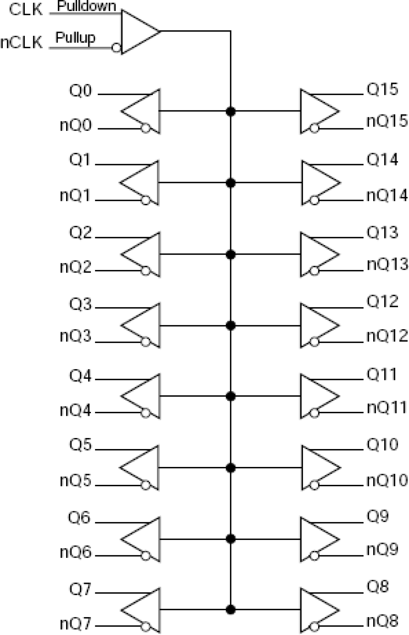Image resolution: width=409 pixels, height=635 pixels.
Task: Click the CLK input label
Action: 26,9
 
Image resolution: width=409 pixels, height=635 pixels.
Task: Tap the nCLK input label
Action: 21,42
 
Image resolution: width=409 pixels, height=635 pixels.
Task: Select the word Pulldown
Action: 86,6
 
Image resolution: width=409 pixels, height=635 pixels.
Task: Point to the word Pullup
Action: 75,38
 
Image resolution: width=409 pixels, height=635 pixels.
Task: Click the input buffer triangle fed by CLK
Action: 138,32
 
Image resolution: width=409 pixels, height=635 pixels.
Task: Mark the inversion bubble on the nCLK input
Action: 116,48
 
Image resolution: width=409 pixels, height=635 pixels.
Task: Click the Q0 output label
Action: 80,91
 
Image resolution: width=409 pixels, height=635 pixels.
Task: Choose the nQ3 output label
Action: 76,336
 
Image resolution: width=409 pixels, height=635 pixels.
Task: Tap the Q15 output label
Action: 382,89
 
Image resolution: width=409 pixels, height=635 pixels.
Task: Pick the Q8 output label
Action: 378,586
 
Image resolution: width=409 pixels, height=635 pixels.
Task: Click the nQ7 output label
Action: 76,624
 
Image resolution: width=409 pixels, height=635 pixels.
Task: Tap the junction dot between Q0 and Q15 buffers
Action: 231,111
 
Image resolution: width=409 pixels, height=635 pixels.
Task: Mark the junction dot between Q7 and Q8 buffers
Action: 231,609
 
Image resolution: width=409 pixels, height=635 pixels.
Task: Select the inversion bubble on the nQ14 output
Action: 314,200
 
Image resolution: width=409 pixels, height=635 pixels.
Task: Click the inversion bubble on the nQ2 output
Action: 146,271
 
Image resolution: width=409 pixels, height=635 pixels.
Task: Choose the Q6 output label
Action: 79,517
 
